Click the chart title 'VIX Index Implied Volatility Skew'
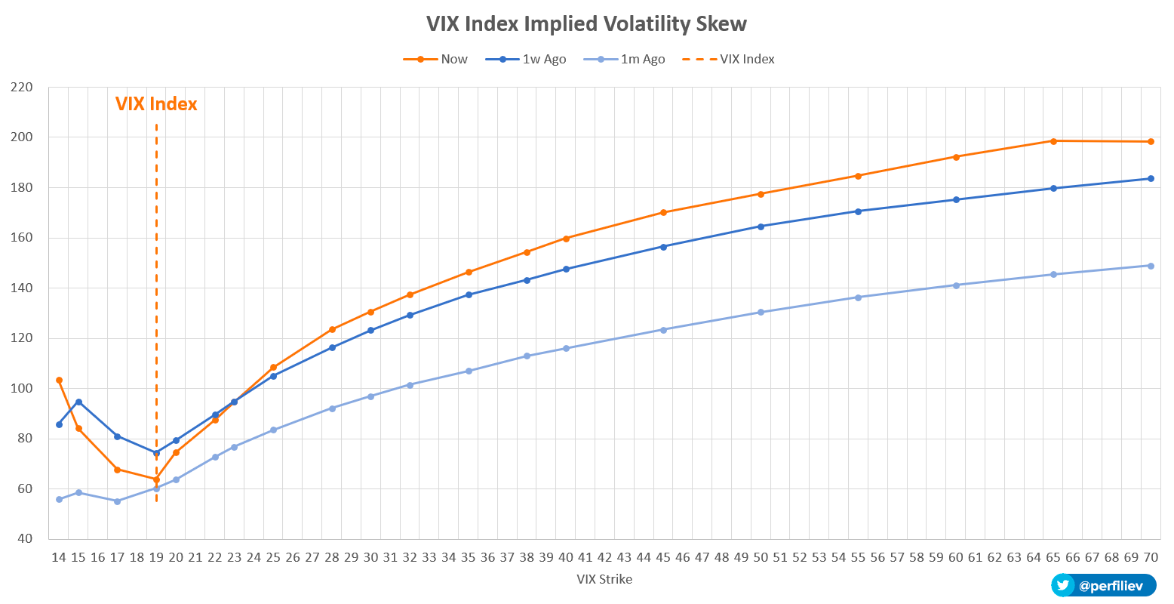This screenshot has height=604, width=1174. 586,24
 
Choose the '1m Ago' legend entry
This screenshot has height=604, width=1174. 632,59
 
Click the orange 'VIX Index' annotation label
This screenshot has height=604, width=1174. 156,104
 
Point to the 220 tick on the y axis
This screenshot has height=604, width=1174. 23,87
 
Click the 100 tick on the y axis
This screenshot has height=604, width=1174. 23,388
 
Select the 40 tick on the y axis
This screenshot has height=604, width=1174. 25,539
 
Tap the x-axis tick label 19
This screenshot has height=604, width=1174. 156,558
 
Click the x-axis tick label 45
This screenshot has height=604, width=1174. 663,558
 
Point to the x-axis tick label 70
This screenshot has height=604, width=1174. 1151,558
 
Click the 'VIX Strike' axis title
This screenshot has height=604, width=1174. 604,580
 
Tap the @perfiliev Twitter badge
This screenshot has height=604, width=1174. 1104,585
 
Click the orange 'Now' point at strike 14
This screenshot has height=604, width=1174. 59,381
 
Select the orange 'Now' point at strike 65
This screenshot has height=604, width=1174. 1053,141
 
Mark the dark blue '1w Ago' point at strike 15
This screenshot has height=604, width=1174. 78,402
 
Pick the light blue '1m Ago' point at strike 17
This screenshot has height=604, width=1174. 117,501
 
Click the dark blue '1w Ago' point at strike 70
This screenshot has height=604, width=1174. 1151,179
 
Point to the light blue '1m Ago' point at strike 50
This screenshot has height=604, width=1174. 761,313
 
